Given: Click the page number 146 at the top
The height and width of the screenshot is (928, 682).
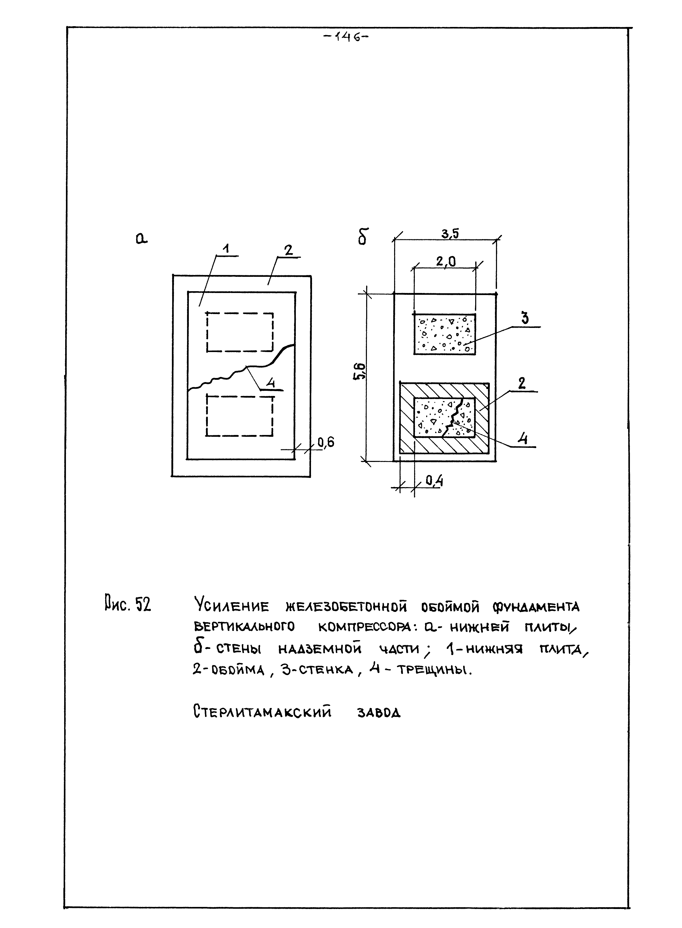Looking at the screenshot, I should [346, 37].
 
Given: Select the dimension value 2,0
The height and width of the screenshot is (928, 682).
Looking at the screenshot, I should [446, 262].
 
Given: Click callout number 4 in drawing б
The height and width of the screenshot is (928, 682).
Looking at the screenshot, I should [523, 438].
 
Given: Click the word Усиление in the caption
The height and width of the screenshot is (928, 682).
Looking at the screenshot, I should [231, 607].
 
